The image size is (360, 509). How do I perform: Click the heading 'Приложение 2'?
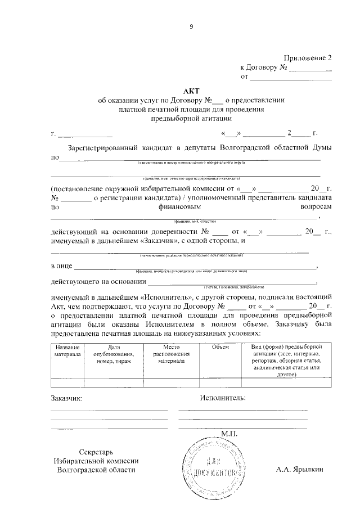[308, 58]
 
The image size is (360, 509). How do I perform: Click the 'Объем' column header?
[220, 347]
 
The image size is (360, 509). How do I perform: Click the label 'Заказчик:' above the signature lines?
[66, 398]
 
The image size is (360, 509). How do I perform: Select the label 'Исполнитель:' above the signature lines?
[223, 398]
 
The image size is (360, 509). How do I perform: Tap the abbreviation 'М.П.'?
[231, 434]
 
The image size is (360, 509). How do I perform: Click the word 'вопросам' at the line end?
[316, 207]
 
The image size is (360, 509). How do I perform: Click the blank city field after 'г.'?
[85, 135]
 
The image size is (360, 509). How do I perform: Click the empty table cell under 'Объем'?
[220, 384]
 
